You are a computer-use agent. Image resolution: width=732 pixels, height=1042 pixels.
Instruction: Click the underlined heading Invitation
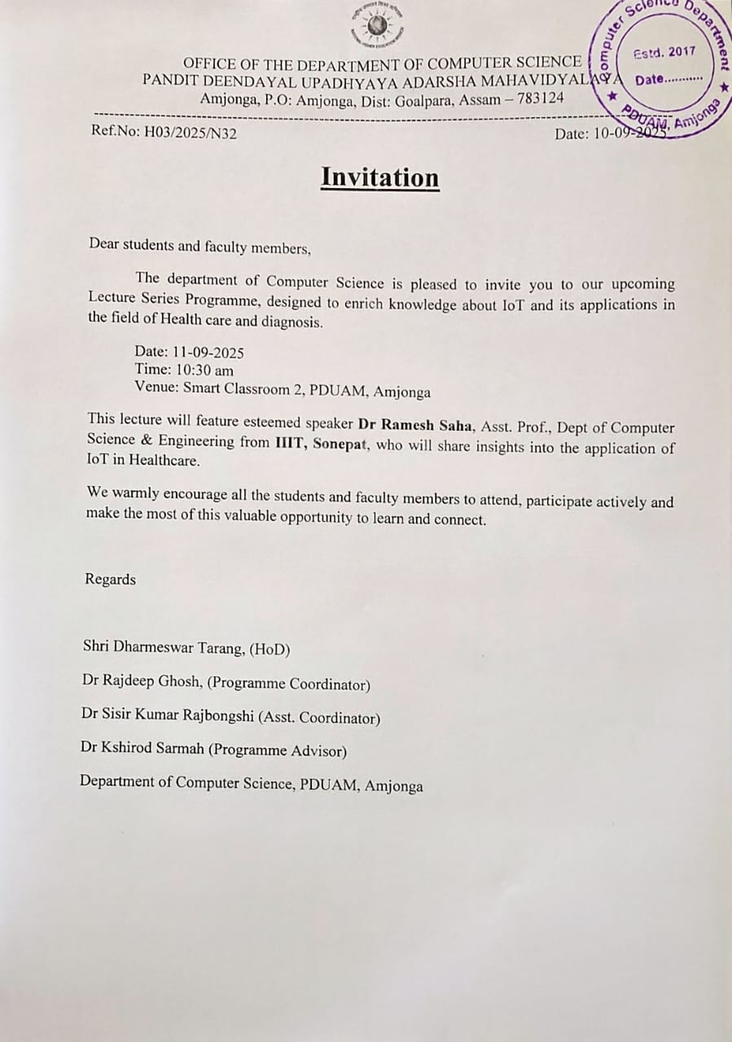[379, 177]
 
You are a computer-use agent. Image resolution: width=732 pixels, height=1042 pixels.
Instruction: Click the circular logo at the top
[375, 25]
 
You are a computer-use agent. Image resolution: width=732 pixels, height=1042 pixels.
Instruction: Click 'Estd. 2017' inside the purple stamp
[664, 52]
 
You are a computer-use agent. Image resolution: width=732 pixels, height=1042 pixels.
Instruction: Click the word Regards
[110, 580]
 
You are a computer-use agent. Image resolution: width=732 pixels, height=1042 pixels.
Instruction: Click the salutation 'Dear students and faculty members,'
[199, 245]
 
